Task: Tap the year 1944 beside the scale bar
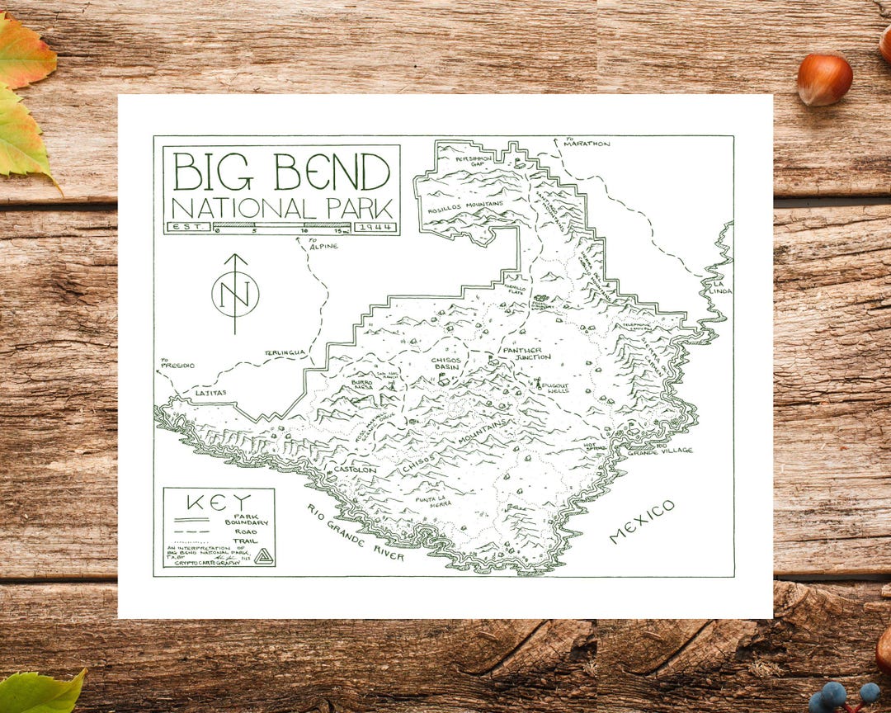(x=375, y=227)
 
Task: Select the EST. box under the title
(x=188, y=227)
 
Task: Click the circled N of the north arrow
(x=235, y=293)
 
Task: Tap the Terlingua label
(x=285, y=352)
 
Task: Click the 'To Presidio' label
(x=177, y=363)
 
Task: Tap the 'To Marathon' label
(x=587, y=144)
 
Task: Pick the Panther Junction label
(x=522, y=352)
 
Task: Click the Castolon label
(x=356, y=470)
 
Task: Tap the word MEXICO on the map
(x=642, y=522)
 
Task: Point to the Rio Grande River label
(x=356, y=533)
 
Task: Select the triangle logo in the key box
(x=263, y=556)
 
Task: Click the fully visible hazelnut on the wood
(x=824, y=79)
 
